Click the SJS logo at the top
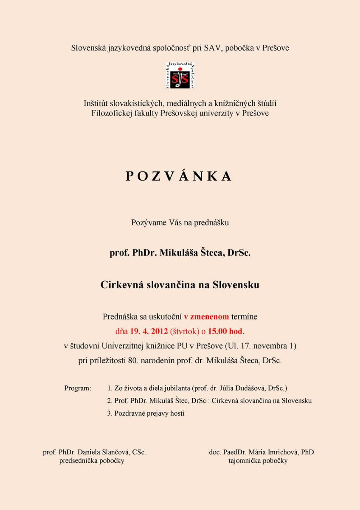pyautogui.click(x=180, y=76)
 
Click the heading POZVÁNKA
pyautogui.click(x=179, y=176)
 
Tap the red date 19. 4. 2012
pyautogui.click(x=149, y=331)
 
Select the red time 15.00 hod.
pyautogui.click(x=226, y=331)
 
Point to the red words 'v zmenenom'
pyautogui.click(x=206, y=317)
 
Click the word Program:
pyautogui.click(x=78, y=388)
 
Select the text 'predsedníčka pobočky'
pyautogui.click(x=92, y=461)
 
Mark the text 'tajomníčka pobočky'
pyautogui.click(x=258, y=461)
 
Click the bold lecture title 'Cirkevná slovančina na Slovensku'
pyautogui.click(x=180, y=285)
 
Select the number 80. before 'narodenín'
pyautogui.click(x=133, y=361)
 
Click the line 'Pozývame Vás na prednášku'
pyautogui.click(x=180, y=222)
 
